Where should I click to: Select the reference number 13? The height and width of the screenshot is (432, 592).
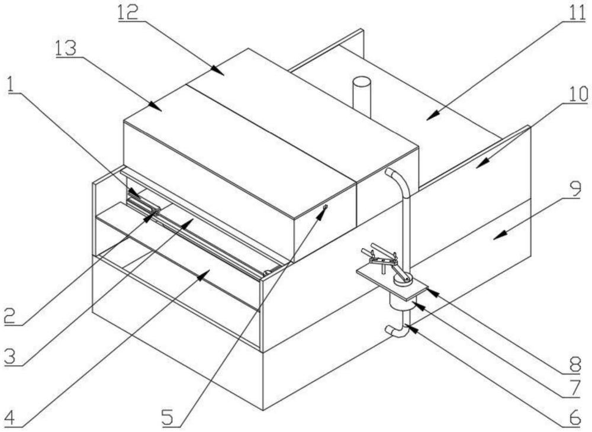coord(66,48)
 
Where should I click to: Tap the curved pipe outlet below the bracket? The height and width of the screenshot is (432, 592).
coord(396,330)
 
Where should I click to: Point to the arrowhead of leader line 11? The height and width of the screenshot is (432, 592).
coord(428,118)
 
